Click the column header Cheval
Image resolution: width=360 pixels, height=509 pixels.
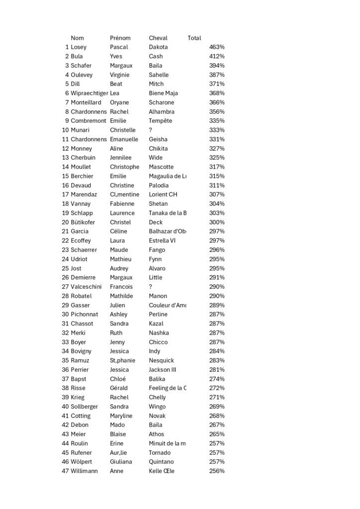[x=158, y=38]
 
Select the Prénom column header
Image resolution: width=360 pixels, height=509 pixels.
[x=120, y=38]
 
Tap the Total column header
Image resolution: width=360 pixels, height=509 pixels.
[x=194, y=38]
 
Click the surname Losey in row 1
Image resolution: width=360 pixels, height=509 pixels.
[x=79, y=47]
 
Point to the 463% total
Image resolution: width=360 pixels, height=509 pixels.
[x=217, y=47]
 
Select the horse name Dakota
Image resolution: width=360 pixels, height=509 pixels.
[x=158, y=47]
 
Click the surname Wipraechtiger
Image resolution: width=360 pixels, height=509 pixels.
[x=90, y=93]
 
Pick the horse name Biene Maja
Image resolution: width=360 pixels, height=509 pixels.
[x=163, y=93]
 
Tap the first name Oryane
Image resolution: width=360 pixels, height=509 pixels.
[x=119, y=102]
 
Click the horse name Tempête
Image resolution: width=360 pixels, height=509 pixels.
[x=160, y=121]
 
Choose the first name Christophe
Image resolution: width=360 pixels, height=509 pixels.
[x=125, y=167]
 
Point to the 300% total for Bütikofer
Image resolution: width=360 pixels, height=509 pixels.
[x=217, y=222]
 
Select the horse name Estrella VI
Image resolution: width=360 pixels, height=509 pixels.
[x=162, y=241]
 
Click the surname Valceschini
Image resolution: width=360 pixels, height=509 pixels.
[x=86, y=287]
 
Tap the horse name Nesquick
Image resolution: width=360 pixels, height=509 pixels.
[x=161, y=360]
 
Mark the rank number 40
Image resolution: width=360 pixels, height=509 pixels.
[x=65, y=407]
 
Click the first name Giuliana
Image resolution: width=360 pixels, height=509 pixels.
[x=121, y=462]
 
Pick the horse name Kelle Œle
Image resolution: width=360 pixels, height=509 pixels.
[x=162, y=471]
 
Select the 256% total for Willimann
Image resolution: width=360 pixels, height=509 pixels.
[x=217, y=471]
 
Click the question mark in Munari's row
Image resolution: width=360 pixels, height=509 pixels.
[x=151, y=130]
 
